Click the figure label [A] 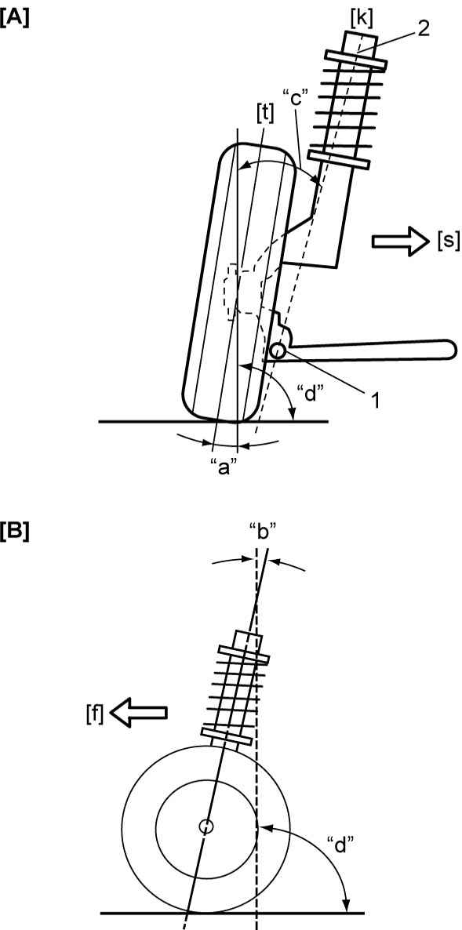15,18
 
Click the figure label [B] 15,531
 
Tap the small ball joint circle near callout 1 276,351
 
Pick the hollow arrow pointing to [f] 139,711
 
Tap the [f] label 93,712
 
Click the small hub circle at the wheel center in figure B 206,826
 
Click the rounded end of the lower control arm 447,349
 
